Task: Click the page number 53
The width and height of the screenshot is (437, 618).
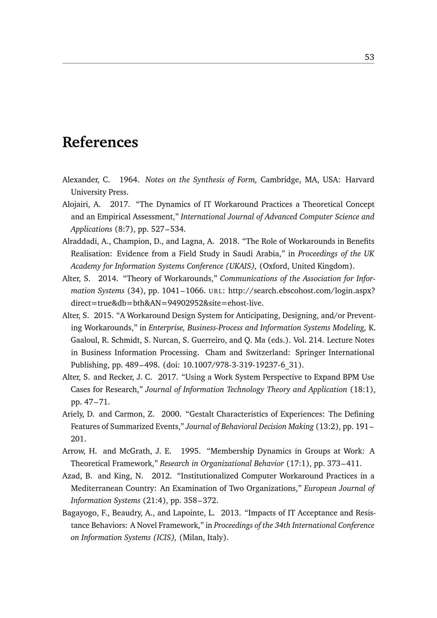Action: (369, 57)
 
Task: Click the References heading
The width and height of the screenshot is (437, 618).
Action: (100, 142)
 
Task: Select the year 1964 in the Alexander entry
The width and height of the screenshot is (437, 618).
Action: (129, 180)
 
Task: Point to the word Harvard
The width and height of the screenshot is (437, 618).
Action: (360, 180)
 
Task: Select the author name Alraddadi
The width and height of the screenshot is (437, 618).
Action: (80, 241)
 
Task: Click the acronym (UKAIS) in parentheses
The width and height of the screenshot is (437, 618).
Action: (241, 266)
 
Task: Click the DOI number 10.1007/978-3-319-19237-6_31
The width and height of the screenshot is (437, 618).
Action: (241, 365)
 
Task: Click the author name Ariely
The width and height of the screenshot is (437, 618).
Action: (75, 414)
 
